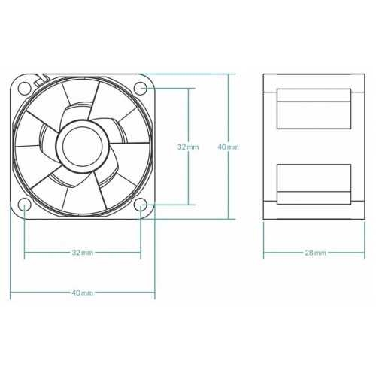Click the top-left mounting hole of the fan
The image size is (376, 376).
(24, 88)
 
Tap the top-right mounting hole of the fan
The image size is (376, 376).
(141, 88)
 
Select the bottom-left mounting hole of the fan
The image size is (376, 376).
(24, 205)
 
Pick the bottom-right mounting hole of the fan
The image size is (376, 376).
(141, 205)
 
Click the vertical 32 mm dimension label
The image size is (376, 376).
(188, 147)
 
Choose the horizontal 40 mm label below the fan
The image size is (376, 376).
(83, 292)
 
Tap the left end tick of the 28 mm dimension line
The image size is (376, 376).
(264, 253)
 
